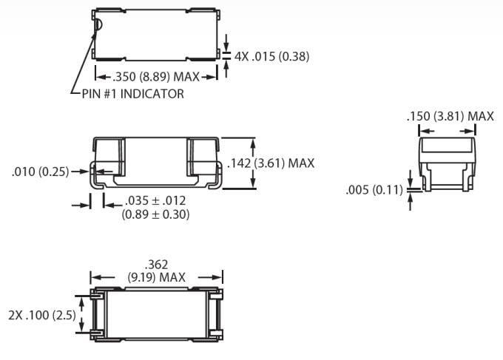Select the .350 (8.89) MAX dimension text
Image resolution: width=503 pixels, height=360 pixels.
tap(156, 75)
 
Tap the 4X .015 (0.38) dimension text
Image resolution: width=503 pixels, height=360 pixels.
tap(271, 56)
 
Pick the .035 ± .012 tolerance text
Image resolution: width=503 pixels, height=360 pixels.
tap(155, 201)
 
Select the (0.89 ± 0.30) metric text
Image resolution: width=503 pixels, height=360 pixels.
tap(155, 214)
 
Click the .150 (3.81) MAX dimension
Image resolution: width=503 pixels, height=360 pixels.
tap(450, 116)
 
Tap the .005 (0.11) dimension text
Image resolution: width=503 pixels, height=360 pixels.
tap(374, 190)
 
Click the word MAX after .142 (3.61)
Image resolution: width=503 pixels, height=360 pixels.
tap(301, 163)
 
